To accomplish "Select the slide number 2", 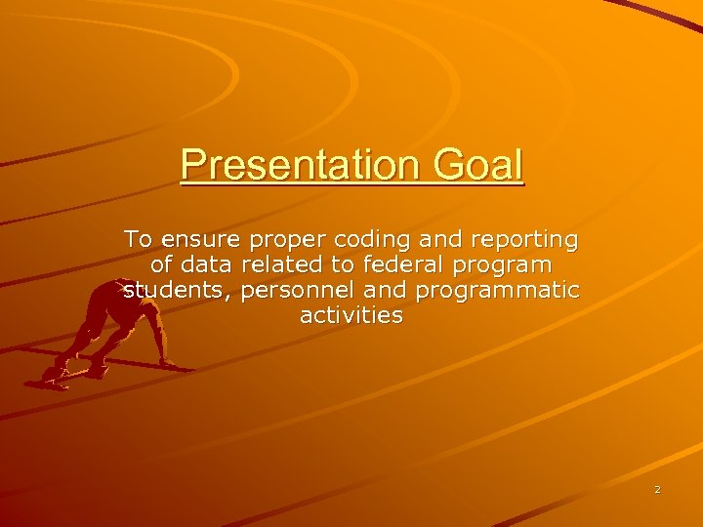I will point(657,489).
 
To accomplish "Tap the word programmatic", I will point(498,292).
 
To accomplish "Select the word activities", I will point(351,315).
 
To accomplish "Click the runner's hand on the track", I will point(168,363).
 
